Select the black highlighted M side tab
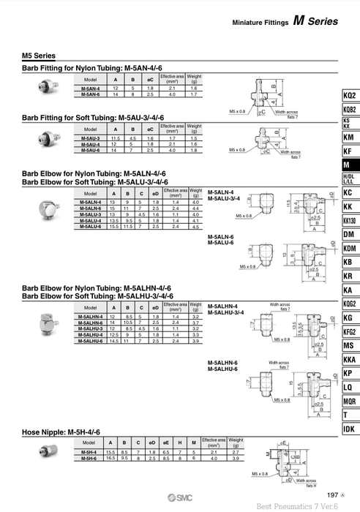350,165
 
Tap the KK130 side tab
350,220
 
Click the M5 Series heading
39,56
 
